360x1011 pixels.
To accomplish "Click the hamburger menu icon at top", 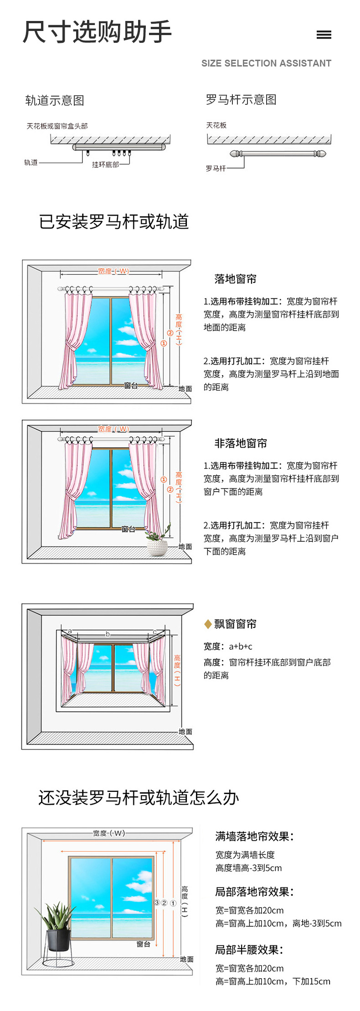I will [x=324, y=35].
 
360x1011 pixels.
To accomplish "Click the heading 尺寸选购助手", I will [x=97, y=32].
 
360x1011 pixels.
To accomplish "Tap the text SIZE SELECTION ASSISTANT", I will [x=266, y=63].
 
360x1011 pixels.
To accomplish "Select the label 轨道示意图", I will [x=55, y=100].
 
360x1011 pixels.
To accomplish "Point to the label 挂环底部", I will [x=105, y=164].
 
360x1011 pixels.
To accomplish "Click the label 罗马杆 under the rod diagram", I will [x=216, y=169].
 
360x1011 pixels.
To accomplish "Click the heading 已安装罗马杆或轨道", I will [x=114, y=222].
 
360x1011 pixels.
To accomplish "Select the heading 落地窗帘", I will [x=235, y=279].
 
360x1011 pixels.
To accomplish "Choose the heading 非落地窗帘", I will [x=241, y=443].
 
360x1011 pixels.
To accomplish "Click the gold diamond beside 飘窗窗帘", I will [x=208, y=624].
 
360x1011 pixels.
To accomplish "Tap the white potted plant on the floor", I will [x=157, y=545].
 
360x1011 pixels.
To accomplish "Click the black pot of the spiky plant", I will [x=59, y=940].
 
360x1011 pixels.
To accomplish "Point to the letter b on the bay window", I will [x=108, y=634].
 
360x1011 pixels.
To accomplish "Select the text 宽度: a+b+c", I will [x=228, y=647].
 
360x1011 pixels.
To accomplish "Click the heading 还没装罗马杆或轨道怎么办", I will [x=139, y=798].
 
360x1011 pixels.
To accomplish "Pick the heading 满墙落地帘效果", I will [x=254, y=837].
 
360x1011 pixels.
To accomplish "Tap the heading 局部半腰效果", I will [x=249, y=950].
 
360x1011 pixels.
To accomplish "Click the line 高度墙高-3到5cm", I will [x=248, y=868].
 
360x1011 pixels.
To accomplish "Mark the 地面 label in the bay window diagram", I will [x=185, y=732].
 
